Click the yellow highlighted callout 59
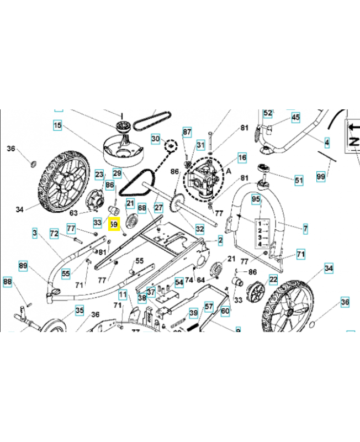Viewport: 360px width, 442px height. [114, 225]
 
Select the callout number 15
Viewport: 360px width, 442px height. [58, 126]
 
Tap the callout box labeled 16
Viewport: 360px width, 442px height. [242, 158]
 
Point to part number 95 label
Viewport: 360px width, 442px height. [256, 198]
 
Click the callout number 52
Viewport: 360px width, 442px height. [268, 113]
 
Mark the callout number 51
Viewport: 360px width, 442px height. [299, 180]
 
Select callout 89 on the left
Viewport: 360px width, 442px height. [23, 266]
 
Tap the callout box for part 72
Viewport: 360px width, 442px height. [54, 234]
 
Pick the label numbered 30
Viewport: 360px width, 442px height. [156, 138]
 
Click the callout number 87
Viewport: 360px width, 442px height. [187, 132]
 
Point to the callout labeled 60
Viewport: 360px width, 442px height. [225, 311]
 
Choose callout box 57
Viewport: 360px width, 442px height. [209, 306]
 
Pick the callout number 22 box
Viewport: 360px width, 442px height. [273, 280]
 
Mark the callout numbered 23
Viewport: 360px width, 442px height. [99, 175]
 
